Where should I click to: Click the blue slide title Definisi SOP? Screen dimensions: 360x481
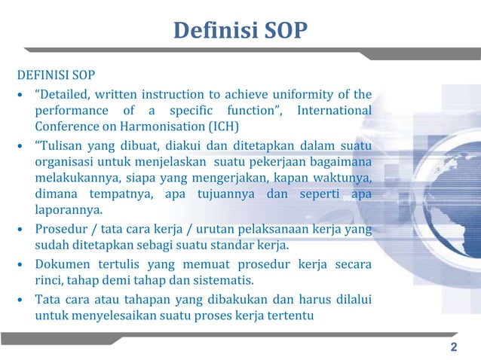240,31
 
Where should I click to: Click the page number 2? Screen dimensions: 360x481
453,347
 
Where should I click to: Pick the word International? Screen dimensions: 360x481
334,111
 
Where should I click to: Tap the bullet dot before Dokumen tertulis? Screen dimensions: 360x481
21,266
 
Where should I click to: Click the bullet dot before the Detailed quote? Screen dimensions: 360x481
21,95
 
